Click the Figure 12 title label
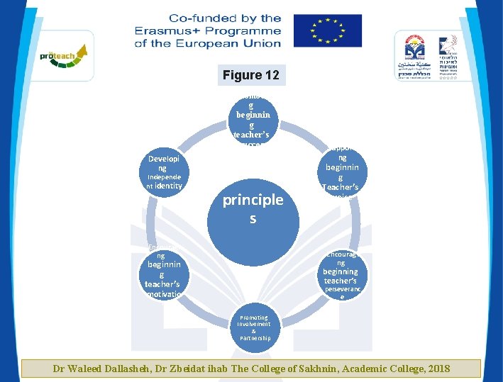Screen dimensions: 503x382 tap(250, 75)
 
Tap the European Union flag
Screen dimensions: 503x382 tap(327, 30)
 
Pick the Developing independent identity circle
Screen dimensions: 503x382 tap(163, 172)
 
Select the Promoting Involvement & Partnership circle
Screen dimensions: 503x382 tap(254, 327)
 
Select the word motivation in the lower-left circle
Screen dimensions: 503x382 tap(162, 293)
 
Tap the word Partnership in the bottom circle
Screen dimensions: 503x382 tap(254, 338)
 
